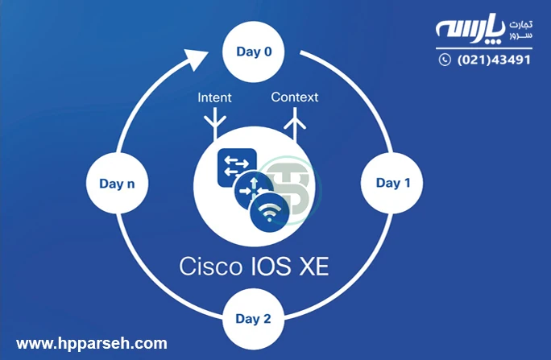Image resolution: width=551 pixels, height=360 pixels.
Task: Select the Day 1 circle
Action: [393, 183]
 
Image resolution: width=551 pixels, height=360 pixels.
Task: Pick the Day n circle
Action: [117, 184]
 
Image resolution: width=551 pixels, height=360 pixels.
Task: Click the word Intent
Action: [214, 97]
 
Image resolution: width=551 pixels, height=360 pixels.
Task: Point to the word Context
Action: [294, 97]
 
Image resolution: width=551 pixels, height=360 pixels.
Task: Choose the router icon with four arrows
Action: [251, 190]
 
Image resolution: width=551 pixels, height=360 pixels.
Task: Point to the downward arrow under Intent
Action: [215, 124]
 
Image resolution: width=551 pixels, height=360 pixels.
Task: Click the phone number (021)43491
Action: [494, 60]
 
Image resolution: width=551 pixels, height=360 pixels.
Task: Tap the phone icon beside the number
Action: [445, 60]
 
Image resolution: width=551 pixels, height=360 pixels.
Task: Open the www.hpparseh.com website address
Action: [92, 343]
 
